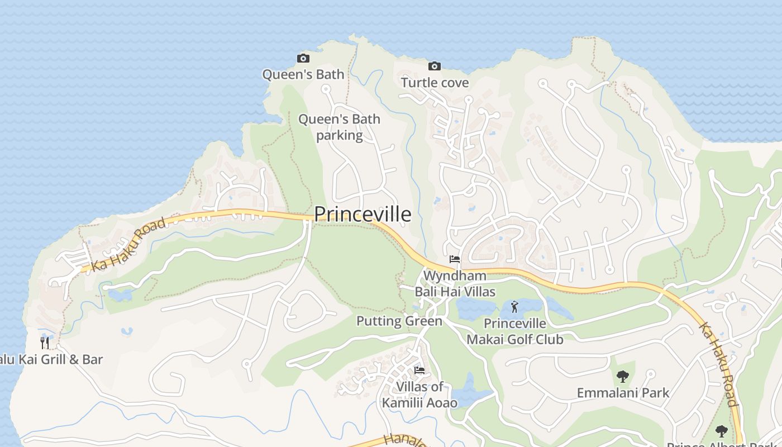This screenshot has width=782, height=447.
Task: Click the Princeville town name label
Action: coord(363,214)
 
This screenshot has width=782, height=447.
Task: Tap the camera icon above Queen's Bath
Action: coord(303,58)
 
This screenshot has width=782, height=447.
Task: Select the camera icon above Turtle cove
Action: coord(434,66)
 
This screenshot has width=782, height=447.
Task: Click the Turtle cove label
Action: coord(435,83)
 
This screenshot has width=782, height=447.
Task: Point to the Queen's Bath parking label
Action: coord(339,127)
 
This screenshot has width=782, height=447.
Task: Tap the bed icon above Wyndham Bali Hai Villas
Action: coord(455,259)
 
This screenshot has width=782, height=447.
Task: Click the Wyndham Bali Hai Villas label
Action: coord(455,283)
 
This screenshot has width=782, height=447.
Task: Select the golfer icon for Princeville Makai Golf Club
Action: coord(514,306)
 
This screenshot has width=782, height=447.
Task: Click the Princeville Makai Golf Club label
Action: coord(514,331)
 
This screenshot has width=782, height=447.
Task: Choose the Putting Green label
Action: coord(399,321)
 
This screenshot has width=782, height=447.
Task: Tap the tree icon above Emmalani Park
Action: coord(623,377)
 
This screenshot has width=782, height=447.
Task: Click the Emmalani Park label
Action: coord(623,393)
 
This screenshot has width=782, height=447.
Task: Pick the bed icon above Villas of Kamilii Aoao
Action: coord(419,370)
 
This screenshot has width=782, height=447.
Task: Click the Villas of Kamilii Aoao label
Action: coord(419,394)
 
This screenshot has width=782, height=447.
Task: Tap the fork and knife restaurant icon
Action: coord(45,342)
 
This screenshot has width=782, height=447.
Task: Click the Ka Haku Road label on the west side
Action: coord(129,245)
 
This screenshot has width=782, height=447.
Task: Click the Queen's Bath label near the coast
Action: coord(303,74)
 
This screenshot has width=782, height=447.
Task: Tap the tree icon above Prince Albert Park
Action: coord(721,431)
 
